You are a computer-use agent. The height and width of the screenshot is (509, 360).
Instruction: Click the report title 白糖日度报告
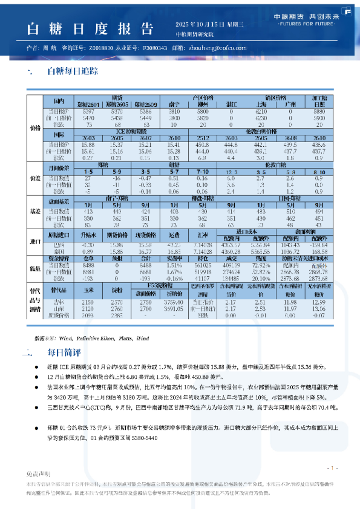(x=88, y=28)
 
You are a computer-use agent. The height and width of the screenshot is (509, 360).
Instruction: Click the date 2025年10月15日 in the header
(x=199, y=24)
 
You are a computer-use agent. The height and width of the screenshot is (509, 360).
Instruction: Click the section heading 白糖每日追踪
(x=73, y=71)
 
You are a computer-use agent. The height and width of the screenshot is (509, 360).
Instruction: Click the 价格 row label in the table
(x=34, y=128)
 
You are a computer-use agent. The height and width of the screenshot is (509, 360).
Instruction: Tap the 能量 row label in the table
(x=34, y=269)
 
